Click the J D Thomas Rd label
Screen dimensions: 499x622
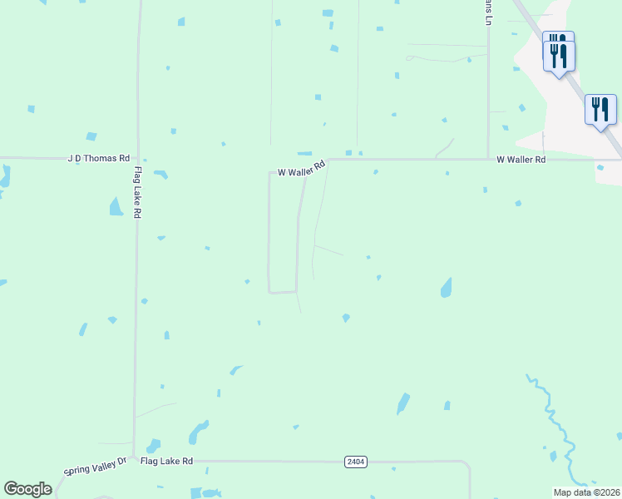pos(99,158)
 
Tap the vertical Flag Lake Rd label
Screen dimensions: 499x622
pos(138,192)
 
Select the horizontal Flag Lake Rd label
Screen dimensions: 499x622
pos(166,461)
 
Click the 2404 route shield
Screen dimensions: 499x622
pos(356,461)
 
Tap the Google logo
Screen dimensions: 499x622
pos(27,489)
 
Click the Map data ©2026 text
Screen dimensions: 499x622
pos(585,492)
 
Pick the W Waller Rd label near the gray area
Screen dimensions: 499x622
pos(521,159)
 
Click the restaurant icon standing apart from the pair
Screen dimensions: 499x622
pos(600,110)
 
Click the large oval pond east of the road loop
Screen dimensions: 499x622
pos(447,288)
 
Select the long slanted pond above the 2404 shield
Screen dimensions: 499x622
pos(403,403)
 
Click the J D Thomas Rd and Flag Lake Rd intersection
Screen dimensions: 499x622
pos(137,157)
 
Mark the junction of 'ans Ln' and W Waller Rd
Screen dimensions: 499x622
pos(488,159)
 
